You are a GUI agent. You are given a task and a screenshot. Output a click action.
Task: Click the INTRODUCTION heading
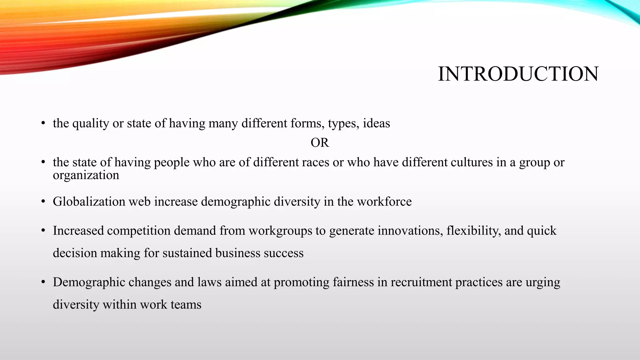tap(518, 74)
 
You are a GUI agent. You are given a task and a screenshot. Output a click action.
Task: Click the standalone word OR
tap(320, 143)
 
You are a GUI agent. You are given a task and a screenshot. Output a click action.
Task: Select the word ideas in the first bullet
tap(376, 123)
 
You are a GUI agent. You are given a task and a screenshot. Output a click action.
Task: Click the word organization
tap(86, 175)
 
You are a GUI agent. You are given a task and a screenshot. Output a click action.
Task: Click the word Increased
tap(78, 231)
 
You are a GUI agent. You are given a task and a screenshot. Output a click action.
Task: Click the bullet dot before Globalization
tap(43, 202)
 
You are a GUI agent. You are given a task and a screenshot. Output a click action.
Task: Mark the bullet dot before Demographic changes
tap(43, 282)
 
